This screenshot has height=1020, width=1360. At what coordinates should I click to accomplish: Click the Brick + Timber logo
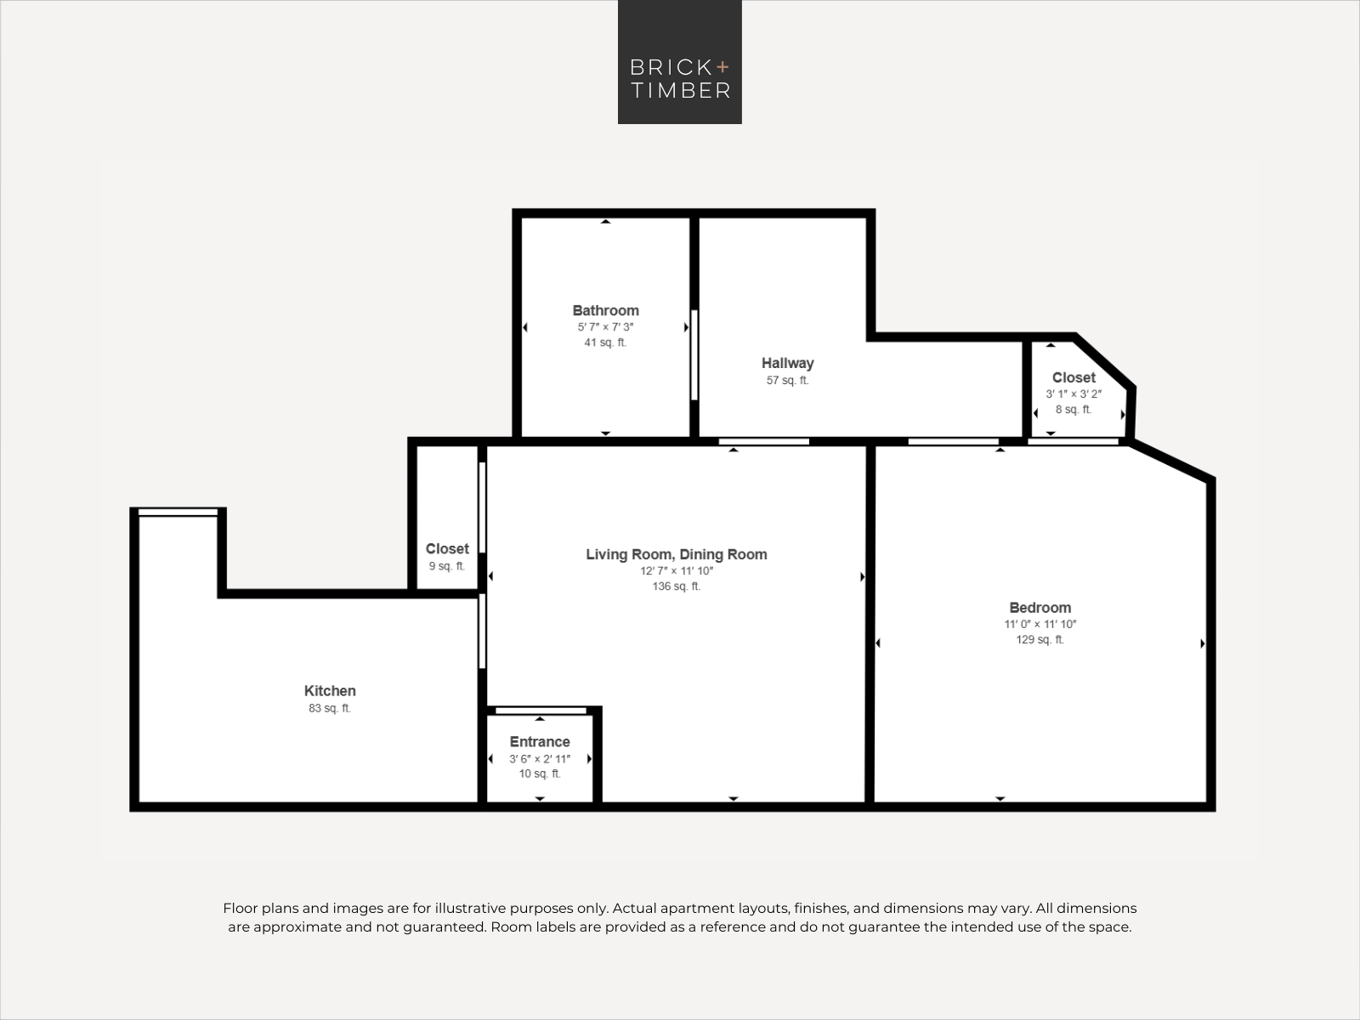[x=680, y=62]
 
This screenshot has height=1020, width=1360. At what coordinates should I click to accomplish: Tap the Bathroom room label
[x=605, y=310]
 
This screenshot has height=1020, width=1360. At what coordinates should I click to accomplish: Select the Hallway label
[x=787, y=364]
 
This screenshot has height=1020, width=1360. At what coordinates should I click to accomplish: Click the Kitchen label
[x=330, y=690]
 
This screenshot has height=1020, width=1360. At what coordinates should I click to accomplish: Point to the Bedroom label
[x=1040, y=608]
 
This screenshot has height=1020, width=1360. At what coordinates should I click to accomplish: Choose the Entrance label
[x=540, y=741]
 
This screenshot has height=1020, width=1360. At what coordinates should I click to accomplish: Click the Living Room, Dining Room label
[x=677, y=554]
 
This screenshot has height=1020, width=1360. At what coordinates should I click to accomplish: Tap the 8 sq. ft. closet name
[x=1074, y=377]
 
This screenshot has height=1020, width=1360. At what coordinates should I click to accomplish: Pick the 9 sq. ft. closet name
[x=447, y=549]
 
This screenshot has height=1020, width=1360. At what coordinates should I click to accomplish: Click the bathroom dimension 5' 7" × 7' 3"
[x=605, y=327]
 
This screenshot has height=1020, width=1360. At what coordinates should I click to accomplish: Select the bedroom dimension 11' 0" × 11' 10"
[x=1040, y=624]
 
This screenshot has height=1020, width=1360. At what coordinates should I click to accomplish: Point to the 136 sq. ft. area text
[x=677, y=586]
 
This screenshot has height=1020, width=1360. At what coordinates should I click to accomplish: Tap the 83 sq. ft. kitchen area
[x=330, y=708]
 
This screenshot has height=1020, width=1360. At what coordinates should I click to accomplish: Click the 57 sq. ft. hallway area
[x=787, y=380]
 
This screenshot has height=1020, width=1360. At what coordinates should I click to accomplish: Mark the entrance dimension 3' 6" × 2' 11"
[x=540, y=759]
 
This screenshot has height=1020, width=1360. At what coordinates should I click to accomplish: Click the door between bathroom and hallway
[x=694, y=354]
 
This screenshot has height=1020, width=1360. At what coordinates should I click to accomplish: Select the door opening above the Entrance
[x=541, y=711]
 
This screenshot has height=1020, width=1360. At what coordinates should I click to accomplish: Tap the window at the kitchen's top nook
[x=178, y=513]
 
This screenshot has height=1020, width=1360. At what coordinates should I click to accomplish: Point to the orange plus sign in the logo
[x=722, y=66]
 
